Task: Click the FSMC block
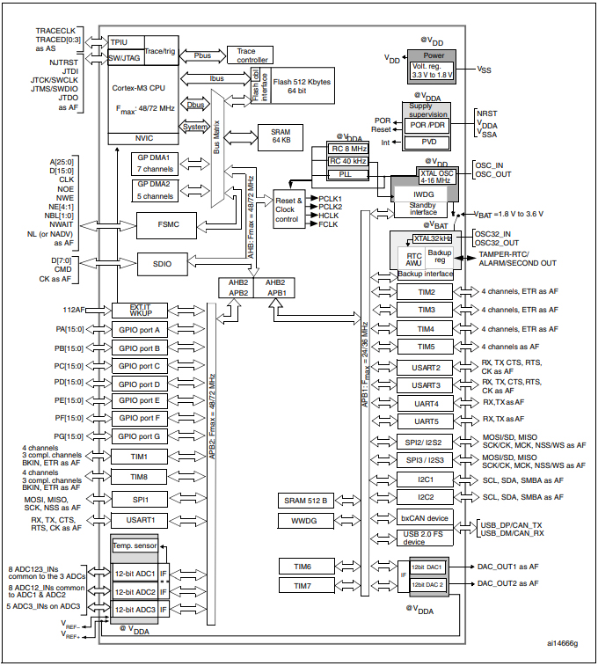click(x=170, y=225)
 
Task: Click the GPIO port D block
click(x=139, y=384)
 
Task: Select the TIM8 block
click(x=139, y=476)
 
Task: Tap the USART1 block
click(x=139, y=520)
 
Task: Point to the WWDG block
click(x=303, y=521)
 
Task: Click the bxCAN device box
click(x=425, y=518)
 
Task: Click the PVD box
click(x=429, y=142)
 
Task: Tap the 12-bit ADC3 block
click(x=134, y=609)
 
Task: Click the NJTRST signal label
click(x=63, y=63)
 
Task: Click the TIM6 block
click(x=303, y=565)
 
